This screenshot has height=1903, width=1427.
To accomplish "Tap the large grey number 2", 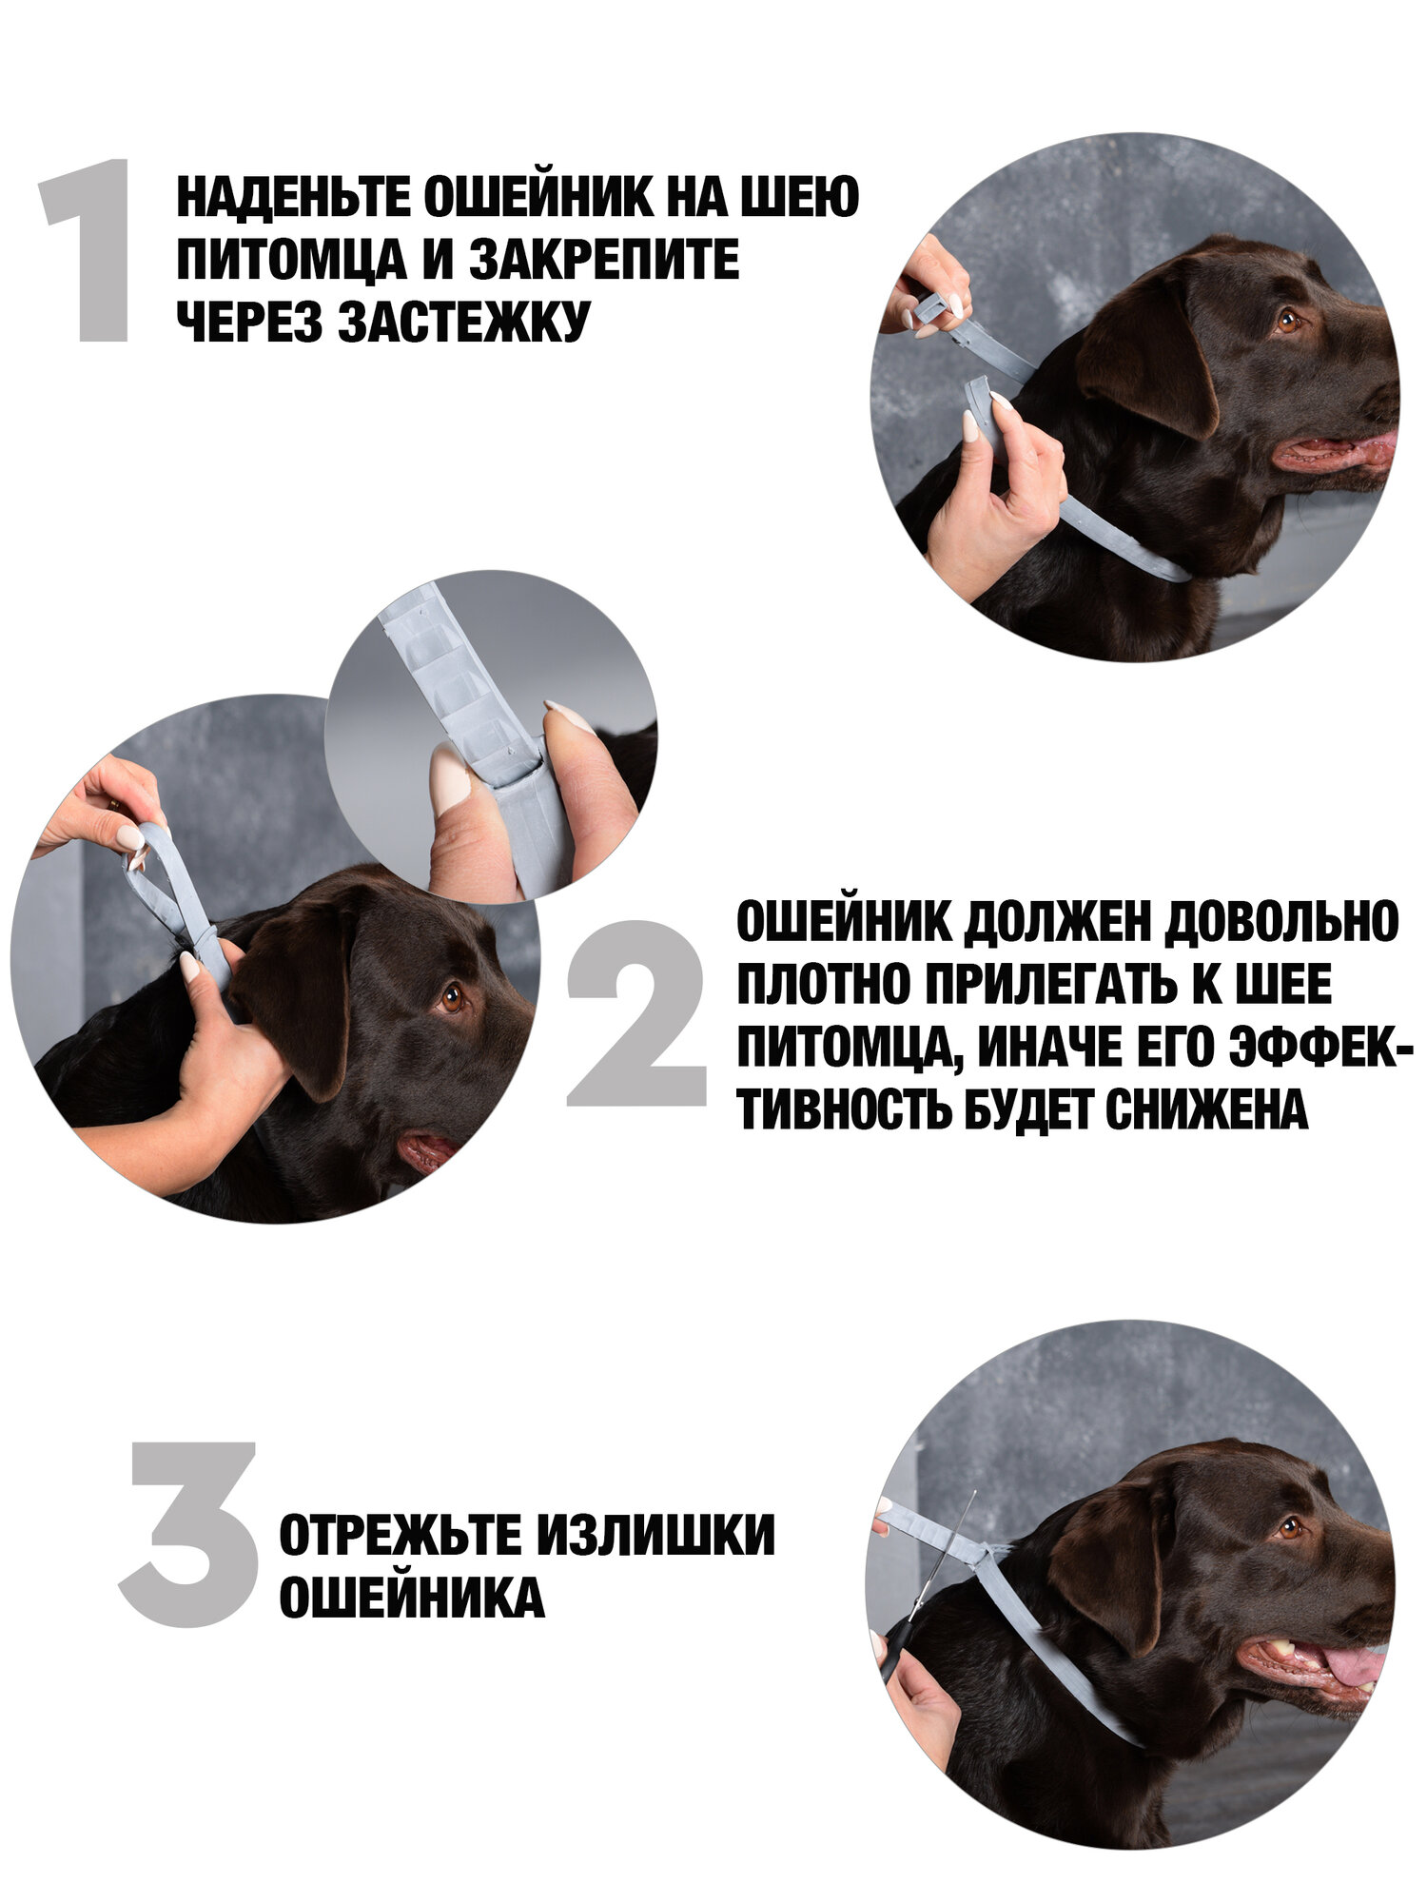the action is point(636,1013).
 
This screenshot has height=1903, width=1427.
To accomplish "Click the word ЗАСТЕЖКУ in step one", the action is point(464,321).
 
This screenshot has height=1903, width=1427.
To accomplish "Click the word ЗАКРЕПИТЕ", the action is point(604,260).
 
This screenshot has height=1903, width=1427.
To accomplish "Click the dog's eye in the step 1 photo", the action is point(1287,321).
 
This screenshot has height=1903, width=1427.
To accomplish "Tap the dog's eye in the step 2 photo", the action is point(452,998).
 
